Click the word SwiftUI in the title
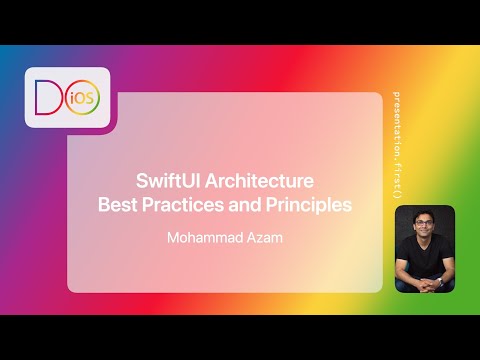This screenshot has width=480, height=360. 167,182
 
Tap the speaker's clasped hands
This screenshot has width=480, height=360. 424,282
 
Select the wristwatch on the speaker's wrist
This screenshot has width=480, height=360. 409,281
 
